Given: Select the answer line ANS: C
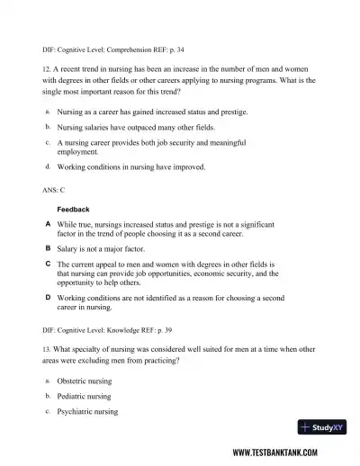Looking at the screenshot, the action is click(55, 191).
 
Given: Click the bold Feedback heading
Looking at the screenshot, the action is click(74, 209).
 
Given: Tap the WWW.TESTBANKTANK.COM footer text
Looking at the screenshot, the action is click(287, 453).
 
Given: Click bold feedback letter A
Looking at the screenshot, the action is click(47, 222).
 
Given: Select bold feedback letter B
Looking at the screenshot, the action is click(47, 246).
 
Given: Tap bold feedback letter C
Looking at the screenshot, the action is click(47, 264).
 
